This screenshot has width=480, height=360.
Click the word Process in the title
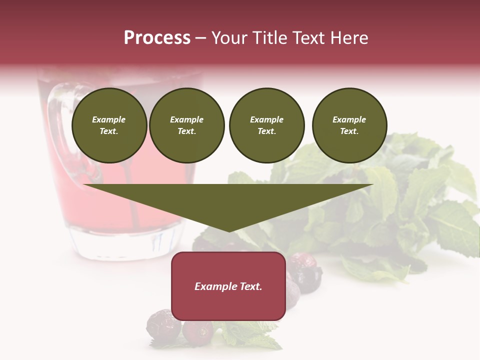(157, 38)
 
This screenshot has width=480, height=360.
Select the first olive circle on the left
(109, 125)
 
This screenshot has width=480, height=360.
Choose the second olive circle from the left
(186, 125)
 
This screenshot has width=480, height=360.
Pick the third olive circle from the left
(266, 125)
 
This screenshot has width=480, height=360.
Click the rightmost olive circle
(349, 125)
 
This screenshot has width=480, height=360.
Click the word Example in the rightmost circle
(349, 119)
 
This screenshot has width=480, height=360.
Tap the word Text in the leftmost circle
(108, 131)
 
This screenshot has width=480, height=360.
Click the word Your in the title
(230, 38)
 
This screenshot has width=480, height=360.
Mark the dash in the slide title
(200, 38)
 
